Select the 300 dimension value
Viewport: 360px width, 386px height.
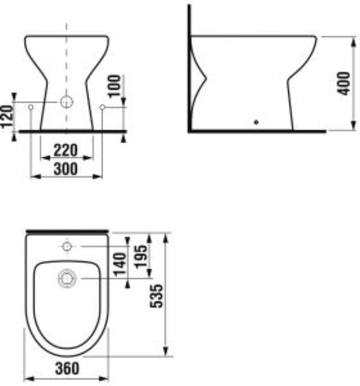point(65,169)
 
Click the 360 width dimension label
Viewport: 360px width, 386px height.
point(66,369)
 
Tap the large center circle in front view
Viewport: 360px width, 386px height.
point(66,102)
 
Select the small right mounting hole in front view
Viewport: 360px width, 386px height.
point(102,108)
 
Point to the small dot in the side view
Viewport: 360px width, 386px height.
point(256,122)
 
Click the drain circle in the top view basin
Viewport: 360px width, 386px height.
point(66,278)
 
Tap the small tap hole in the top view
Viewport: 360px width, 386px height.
point(66,247)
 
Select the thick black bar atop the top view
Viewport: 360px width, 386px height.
point(66,231)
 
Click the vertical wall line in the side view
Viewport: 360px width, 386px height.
point(189,65)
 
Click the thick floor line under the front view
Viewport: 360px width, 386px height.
point(72,131)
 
